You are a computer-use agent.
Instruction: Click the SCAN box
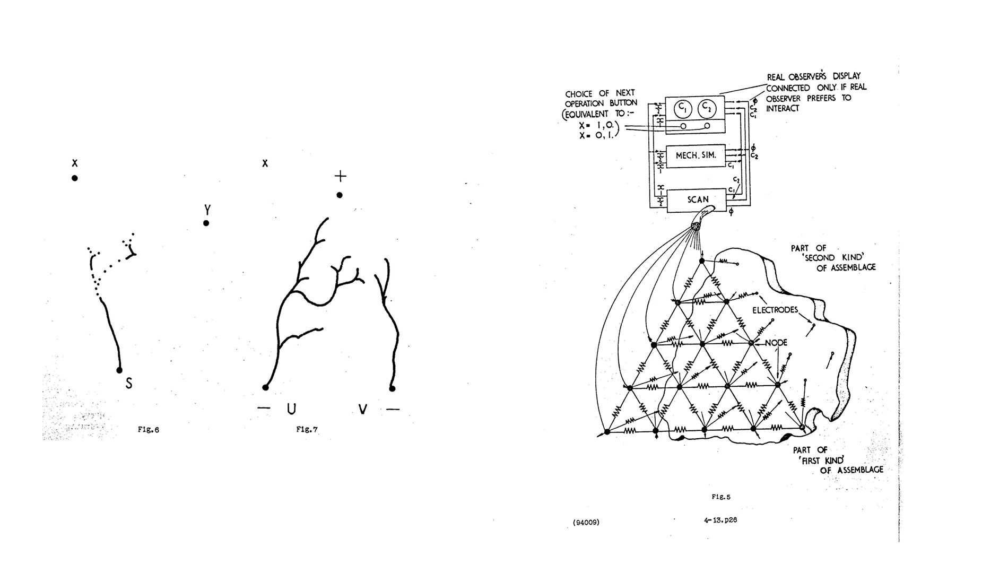coord(697,200)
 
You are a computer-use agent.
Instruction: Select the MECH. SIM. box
coord(696,155)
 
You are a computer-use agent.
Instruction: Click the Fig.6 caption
coord(148,430)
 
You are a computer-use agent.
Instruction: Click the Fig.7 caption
coord(307,430)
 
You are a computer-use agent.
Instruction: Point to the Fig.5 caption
coord(721,497)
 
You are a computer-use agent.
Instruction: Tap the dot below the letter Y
coord(206,223)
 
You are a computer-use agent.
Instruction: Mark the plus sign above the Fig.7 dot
coord(340,176)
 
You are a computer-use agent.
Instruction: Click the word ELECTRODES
coord(775,310)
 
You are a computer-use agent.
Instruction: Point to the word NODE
coord(776,343)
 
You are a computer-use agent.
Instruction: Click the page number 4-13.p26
coord(720,520)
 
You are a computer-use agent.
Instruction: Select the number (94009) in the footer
coord(586,522)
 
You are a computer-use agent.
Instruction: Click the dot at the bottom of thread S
coord(119,370)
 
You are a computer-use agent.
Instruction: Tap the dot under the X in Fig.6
coord(75,178)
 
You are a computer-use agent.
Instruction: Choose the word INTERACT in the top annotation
coord(782,108)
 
